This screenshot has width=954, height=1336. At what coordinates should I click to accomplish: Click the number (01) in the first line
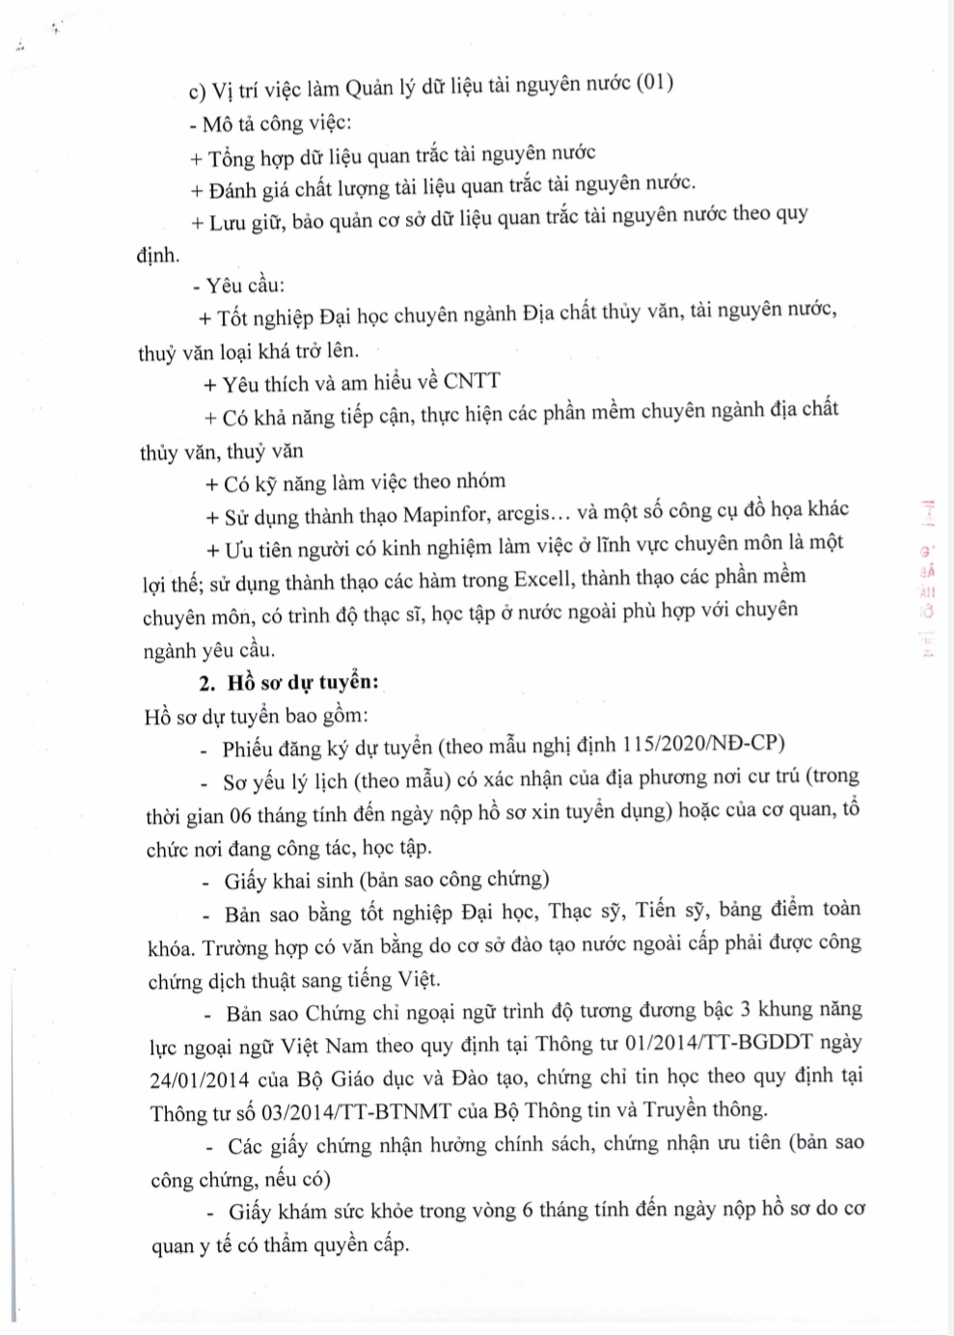coord(655,84)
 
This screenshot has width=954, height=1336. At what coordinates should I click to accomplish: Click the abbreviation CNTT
coord(472,381)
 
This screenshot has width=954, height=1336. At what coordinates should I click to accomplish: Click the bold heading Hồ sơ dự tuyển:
coord(303,683)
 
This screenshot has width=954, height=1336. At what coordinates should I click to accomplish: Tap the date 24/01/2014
coord(200,1079)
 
